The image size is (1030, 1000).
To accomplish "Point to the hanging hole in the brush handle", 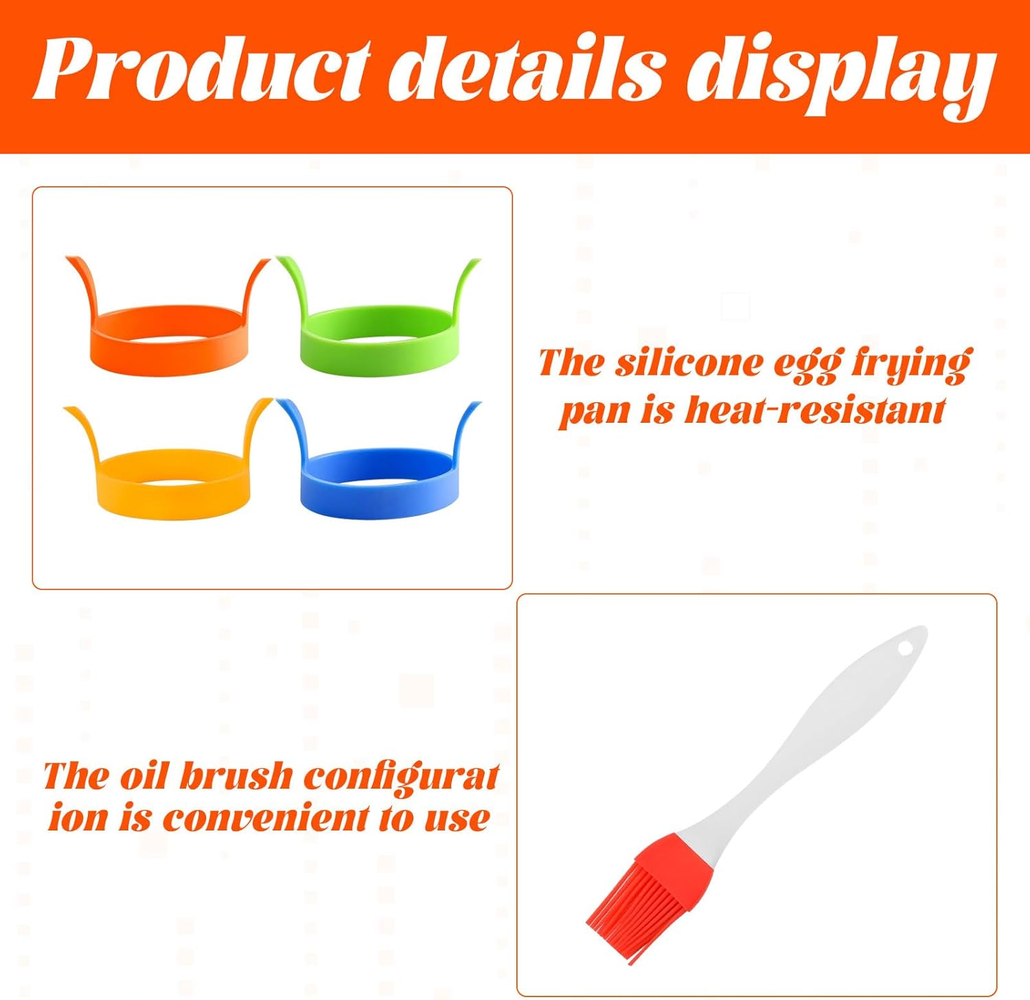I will point(905,647).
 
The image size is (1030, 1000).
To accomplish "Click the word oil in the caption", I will point(144,776).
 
